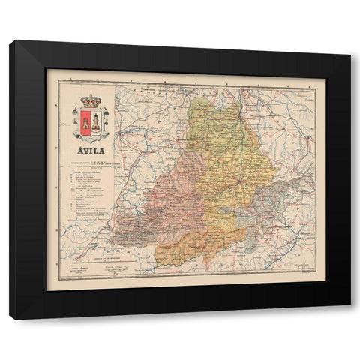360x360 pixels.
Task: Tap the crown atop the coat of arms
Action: click(x=90, y=100)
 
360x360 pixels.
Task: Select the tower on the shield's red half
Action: click(x=85, y=121)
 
